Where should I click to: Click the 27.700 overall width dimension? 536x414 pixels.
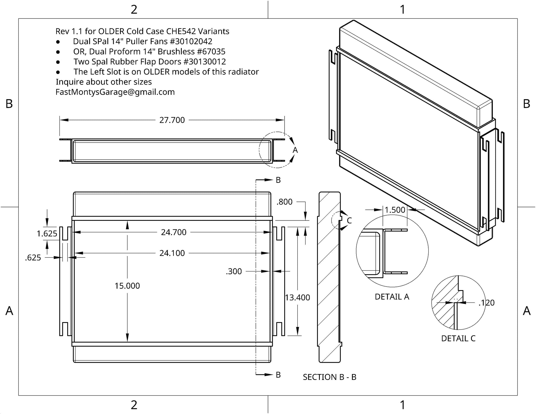click(172, 120)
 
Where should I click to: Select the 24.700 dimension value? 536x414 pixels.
click(174, 232)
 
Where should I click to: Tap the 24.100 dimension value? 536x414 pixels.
click(172, 253)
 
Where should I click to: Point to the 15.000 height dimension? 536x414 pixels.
click(127, 286)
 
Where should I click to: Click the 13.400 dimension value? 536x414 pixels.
click(297, 298)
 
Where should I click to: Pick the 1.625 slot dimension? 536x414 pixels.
click(47, 234)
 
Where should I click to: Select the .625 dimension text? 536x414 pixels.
click(33, 258)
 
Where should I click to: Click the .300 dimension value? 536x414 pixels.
click(234, 271)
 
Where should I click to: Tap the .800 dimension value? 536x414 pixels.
click(285, 202)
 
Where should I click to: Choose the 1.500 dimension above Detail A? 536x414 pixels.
click(395, 210)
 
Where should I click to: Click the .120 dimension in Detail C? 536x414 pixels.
click(486, 303)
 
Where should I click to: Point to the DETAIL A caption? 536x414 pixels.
click(392, 297)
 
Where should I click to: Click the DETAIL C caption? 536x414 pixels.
click(458, 338)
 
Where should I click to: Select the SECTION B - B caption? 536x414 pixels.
click(330, 377)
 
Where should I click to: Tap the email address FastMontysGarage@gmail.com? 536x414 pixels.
click(115, 92)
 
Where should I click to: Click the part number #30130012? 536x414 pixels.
click(205, 62)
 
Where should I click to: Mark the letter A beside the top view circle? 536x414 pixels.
click(295, 150)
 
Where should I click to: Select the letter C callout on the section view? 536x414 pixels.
click(349, 220)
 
